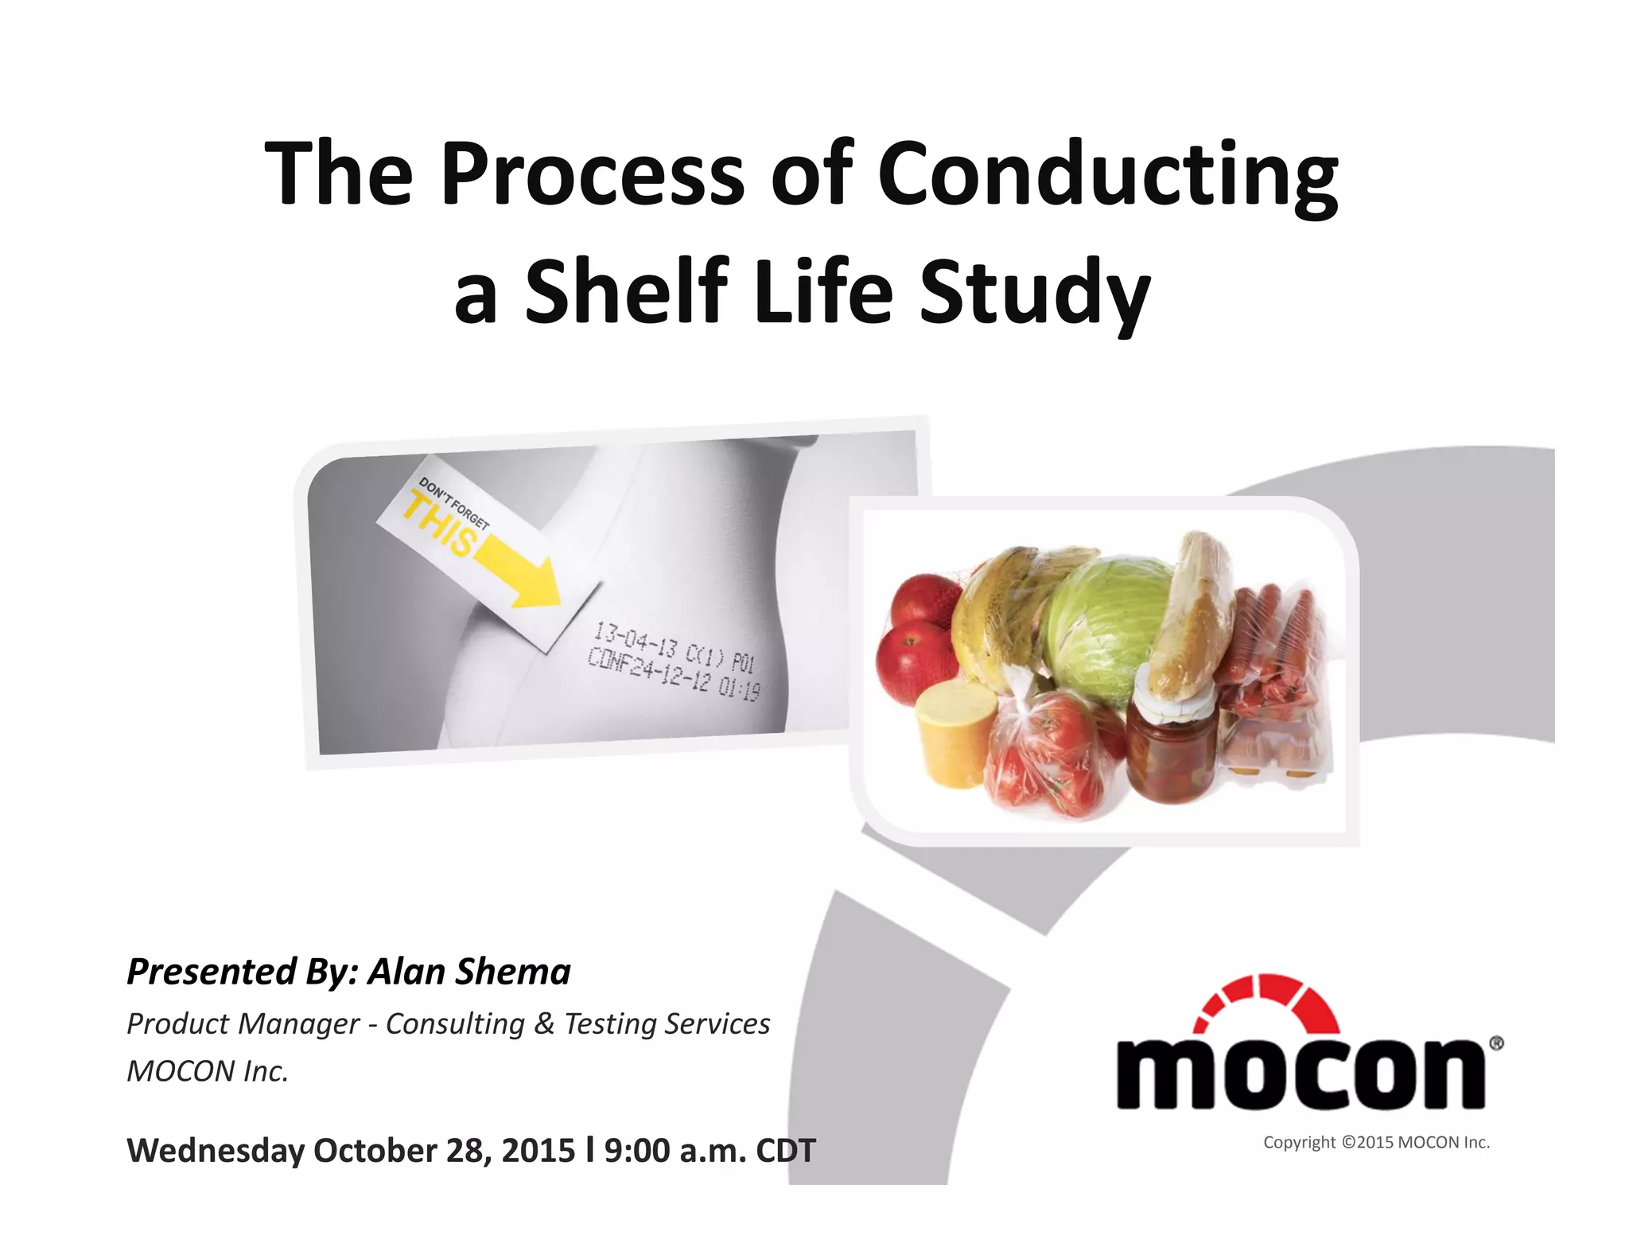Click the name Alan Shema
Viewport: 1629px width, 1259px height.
[x=469, y=972]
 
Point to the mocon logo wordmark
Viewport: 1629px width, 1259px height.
[x=1300, y=1073]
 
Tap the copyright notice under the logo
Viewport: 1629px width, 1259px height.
[x=1376, y=1143]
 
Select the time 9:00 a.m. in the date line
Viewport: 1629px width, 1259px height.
[x=675, y=1151]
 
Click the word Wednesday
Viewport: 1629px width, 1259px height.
[x=216, y=1151]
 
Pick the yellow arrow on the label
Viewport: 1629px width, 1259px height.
[x=521, y=568]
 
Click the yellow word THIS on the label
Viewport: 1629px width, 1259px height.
[x=440, y=525]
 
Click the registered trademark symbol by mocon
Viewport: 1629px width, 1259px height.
[x=1495, y=1043]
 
